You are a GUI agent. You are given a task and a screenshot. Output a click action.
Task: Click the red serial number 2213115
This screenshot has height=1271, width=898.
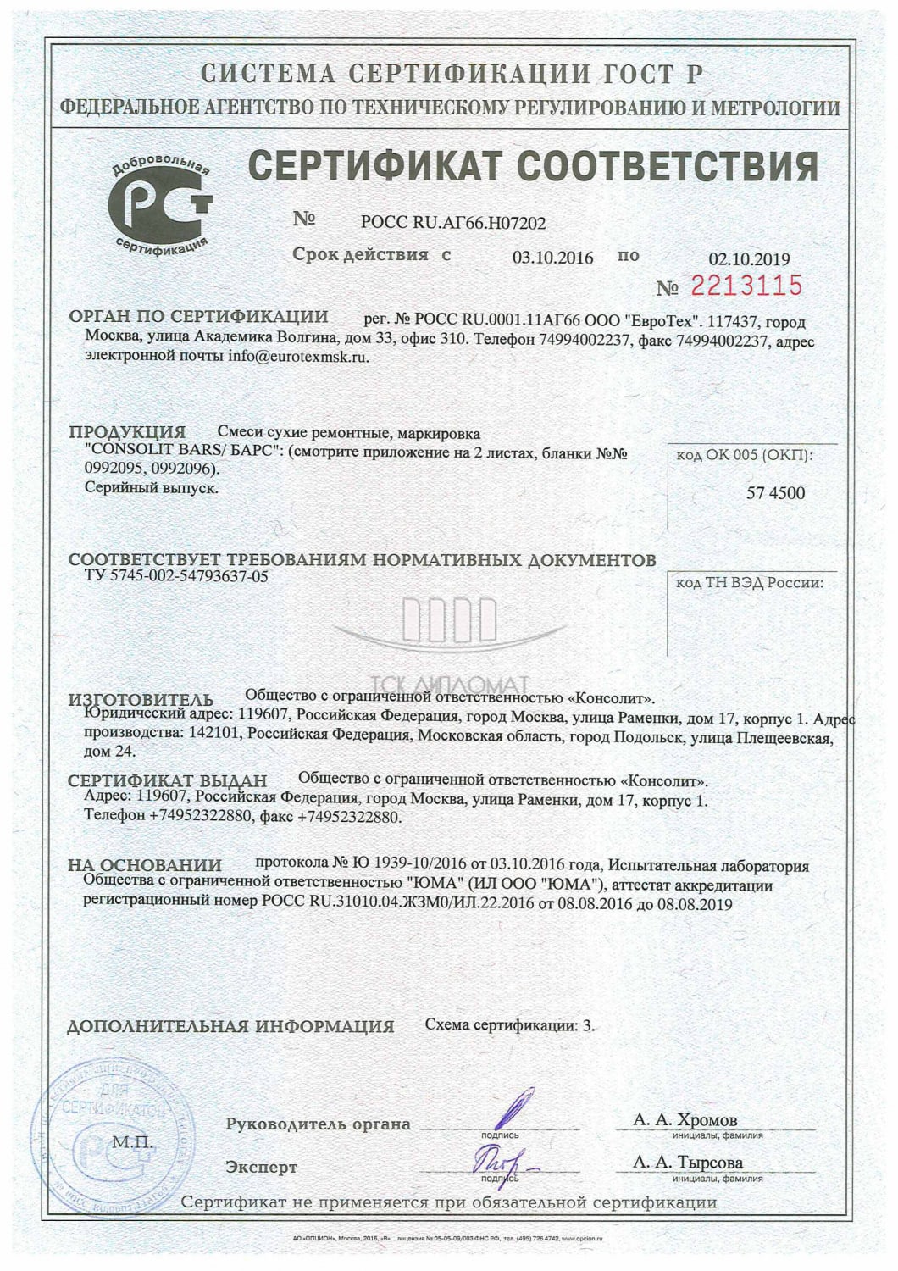pos(746,286)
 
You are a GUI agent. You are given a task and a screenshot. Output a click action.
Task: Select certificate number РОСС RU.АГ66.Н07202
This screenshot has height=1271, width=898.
pos(453,223)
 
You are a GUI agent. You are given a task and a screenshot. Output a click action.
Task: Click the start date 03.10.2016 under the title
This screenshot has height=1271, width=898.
pos(552,258)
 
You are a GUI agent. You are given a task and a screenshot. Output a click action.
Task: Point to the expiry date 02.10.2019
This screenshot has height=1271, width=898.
pos(748,260)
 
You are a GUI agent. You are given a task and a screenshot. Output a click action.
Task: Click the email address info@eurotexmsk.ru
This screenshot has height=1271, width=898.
pos(298,357)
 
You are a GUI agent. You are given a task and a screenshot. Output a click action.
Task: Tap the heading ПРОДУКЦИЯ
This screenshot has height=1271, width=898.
pos(127,432)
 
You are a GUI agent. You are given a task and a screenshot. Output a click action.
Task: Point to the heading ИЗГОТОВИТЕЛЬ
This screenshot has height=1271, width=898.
pos(141,700)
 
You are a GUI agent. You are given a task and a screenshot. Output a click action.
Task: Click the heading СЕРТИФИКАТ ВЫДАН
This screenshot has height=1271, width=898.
pos(168,780)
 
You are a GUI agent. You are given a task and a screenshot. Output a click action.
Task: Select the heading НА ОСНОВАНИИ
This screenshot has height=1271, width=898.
pos(145,865)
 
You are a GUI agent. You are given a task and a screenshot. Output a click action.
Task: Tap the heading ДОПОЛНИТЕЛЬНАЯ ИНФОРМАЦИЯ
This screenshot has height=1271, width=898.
pos(230,1026)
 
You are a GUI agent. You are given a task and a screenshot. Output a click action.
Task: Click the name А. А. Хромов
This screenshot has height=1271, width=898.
pos(685,1120)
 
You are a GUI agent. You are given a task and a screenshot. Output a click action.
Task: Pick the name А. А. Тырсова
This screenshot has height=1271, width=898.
pos(688,1162)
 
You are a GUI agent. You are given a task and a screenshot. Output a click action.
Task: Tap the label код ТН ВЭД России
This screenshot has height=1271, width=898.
pos(750,583)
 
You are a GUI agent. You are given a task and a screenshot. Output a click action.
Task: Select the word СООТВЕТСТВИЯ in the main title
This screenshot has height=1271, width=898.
pos(668,166)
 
